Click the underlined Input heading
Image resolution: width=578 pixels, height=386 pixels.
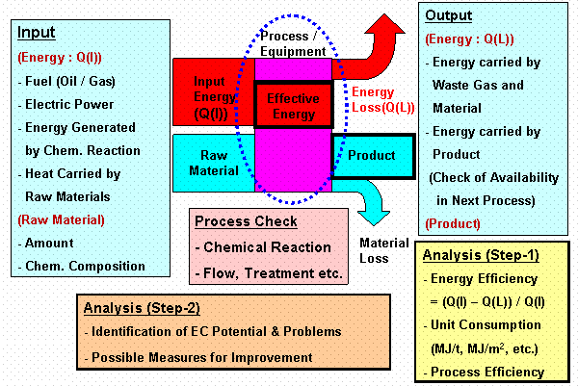pyautogui.click(x=37, y=33)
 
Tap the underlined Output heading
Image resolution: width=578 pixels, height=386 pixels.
pyautogui.click(x=448, y=15)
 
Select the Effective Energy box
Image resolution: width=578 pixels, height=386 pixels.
pyautogui.click(x=294, y=105)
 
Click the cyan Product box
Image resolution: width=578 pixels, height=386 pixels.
pyautogui.click(x=374, y=156)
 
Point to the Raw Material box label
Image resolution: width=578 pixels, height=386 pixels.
pyautogui.click(x=214, y=163)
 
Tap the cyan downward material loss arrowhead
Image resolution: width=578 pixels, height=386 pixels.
pyautogui.click(x=374, y=219)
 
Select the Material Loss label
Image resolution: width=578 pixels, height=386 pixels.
pyautogui.click(x=384, y=250)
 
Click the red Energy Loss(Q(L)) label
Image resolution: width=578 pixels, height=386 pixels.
pyautogui.click(x=383, y=100)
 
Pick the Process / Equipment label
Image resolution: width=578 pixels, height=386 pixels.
pyautogui.click(x=293, y=43)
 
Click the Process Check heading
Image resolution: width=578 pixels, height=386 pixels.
pyautogui.click(x=246, y=221)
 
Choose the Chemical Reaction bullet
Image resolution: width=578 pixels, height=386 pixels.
pyautogui.click(x=263, y=247)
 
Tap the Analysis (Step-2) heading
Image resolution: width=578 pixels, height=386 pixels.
pyautogui.click(x=142, y=308)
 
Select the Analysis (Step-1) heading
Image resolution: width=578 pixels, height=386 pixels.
pyautogui.click(x=481, y=255)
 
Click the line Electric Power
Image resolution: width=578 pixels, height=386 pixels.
pyautogui.click(x=66, y=105)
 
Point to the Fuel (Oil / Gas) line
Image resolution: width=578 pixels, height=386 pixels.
pyautogui.click(x=66, y=82)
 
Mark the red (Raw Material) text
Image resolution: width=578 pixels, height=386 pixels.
pyautogui.click(x=62, y=220)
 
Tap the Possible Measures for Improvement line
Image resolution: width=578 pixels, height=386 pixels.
pyautogui.click(x=198, y=358)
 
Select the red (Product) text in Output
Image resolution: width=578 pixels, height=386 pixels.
pyautogui.click(x=453, y=224)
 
